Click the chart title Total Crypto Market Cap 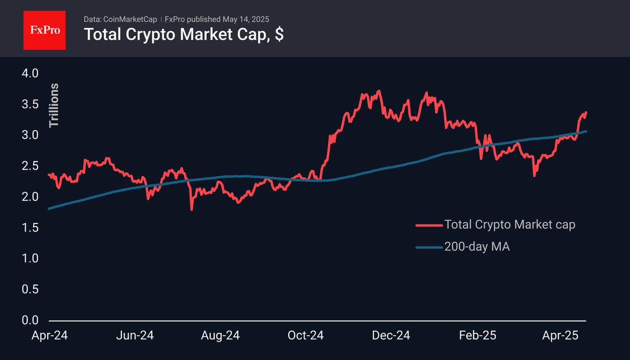pos(184,35)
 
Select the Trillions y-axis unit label pos(54,105)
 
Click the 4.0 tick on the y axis pos(30,73)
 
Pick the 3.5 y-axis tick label pos(30,104)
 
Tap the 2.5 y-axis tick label pos(30,166)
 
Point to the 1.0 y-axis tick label pos(30,258)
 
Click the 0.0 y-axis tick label pos(30,320)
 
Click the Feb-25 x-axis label pos(478,335)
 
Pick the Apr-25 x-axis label pos(561,335)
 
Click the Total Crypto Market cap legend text pos(510,225)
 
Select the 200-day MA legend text pos(477,247)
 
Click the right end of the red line pos(586,112)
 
